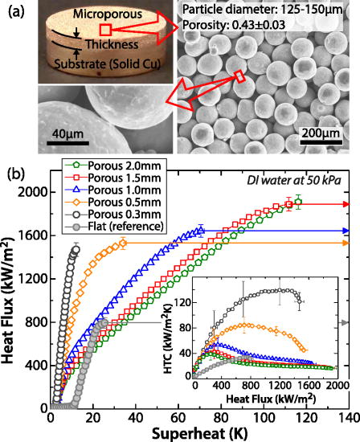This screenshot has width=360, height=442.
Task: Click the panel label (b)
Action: pyautogui.click(x=11, y=171)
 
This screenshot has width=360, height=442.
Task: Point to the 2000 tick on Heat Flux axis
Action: pyautogui.click(x=35, y=191)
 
